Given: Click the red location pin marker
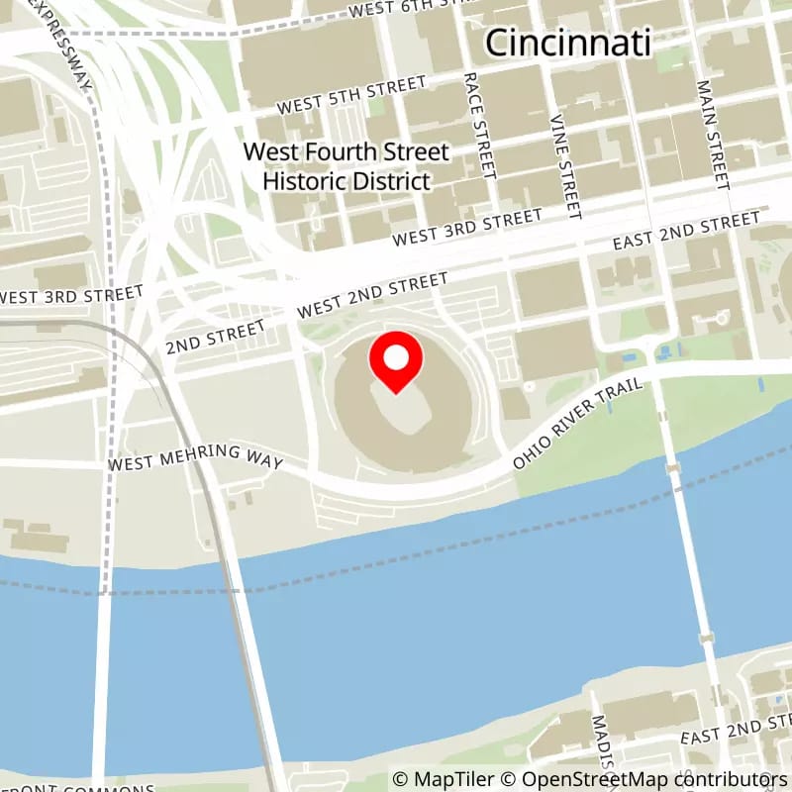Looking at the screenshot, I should coord(396,362).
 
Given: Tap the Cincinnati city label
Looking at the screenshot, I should coord(569,43).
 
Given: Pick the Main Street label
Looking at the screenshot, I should coord(713,136).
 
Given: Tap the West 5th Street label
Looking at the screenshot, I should coord(350,96).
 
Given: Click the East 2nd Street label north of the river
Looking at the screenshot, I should coord(685,233).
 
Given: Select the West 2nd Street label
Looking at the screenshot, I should coord(372,296).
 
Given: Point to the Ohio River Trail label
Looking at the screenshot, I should coord(579,424).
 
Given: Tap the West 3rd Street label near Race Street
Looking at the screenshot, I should coord(466,227).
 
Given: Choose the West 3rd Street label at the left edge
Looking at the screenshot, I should coord(71,294).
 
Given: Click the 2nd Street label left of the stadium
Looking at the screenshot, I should coord(215,336).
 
